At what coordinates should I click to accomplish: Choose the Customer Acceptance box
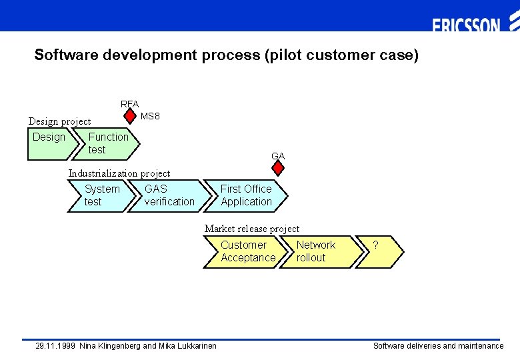tap(247, 252)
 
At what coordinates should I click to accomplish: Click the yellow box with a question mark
tap(380, 252)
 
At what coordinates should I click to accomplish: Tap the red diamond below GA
tap(278, 169)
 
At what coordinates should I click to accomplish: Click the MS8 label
tap(151, 117)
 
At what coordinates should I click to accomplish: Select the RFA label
tap(129, 104)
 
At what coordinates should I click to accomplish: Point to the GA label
tap(278, 156)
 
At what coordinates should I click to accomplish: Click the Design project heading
tap(59, 121)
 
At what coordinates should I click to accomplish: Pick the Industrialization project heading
tap(119, 173)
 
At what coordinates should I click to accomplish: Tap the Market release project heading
tap(252, 229)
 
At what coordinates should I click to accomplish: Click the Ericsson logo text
tap(466, 26)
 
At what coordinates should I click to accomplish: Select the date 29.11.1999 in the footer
tap(55, 346)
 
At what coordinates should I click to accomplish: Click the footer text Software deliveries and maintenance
tap(438, 346)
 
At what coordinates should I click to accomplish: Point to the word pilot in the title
tap(285, 55)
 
